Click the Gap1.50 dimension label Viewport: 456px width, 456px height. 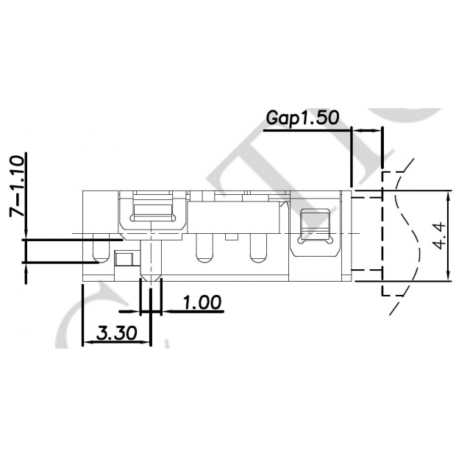302,118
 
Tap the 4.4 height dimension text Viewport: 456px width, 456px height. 439,235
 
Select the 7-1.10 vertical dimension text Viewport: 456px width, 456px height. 16,185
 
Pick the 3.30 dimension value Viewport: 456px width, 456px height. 116,333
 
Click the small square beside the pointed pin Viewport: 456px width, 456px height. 124,258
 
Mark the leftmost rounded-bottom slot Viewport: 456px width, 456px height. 96,250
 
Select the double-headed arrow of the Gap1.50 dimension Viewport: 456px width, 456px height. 367,130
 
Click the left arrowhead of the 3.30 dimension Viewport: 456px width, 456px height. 85,343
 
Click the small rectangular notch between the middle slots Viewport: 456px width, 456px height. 230,238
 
